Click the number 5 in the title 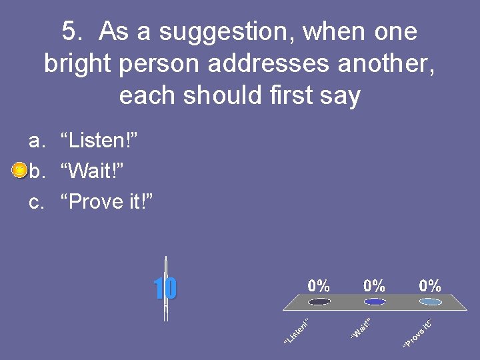tap(69, 31)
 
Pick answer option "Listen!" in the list tap(99, 141)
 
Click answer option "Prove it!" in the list tap(107, 201)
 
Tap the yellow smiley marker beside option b tap(19, 171)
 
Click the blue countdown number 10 tap(165, 289)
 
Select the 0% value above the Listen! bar tap(319, 286)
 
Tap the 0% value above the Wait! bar tap(375, 286)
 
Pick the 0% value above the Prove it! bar tap(430, 286)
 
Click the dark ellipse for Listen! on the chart tap(319, 302)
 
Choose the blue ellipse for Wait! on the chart tap(375, 302)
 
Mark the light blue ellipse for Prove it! tap(431, 302)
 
